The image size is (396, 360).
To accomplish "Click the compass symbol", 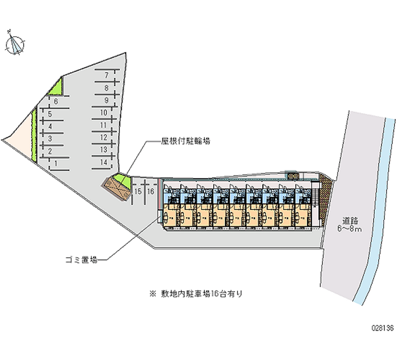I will pos(15,44).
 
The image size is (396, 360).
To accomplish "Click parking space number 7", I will pos(106,75).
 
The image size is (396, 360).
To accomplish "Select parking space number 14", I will pos(104,162).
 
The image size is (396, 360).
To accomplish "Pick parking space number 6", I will pos(56,102).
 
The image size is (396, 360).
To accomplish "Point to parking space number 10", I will pos(104,112).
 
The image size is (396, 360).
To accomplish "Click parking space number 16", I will pos(151,191).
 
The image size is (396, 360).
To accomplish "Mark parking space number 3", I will pos(50,138).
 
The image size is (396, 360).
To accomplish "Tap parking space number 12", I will pos(104,137).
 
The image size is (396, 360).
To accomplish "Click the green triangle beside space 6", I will pos(55,88).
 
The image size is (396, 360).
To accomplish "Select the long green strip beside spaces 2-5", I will pos(34,135).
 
